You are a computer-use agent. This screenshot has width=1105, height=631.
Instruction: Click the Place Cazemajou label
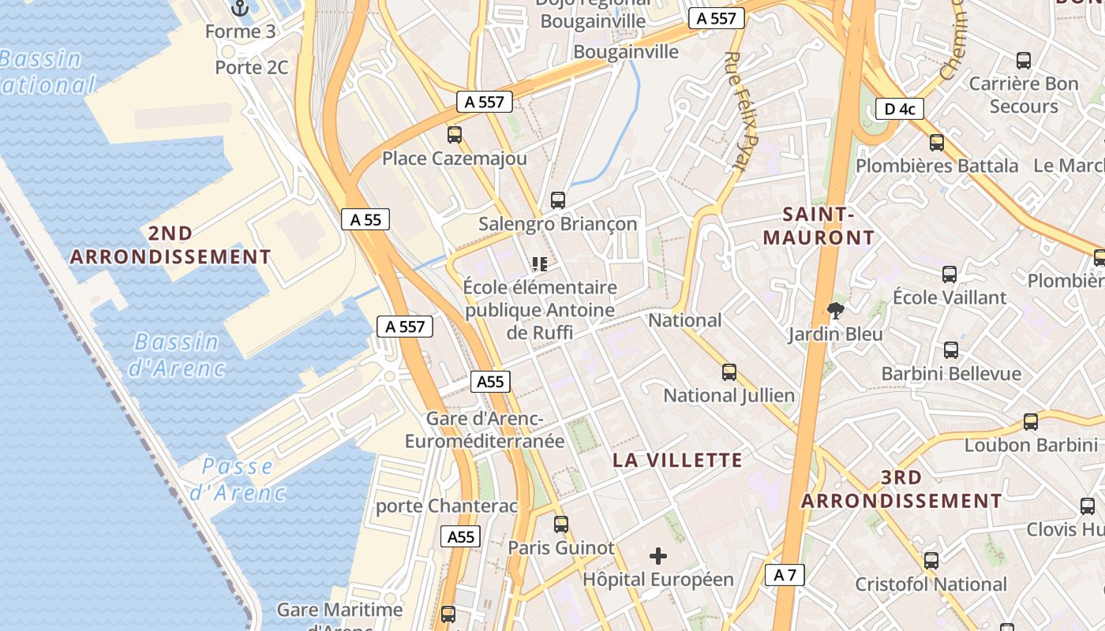point(454,159)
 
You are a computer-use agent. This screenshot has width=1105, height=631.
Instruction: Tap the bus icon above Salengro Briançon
point(558,200)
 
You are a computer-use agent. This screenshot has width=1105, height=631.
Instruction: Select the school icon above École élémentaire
point(540,263)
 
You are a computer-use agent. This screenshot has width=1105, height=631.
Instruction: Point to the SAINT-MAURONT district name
point(818,226)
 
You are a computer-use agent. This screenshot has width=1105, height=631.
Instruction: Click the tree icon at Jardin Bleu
point(834,311)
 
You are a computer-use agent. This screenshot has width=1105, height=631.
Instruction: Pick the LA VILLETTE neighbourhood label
point(678,460)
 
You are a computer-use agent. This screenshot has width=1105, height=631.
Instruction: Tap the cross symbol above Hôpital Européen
point(657,556)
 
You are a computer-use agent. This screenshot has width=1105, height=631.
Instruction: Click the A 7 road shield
point(785,575)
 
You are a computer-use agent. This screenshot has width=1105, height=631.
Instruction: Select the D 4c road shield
point(899,109)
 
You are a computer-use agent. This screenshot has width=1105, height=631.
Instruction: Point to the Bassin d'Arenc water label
point(177,354)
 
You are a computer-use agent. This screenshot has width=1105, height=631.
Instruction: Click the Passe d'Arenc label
point(237,479)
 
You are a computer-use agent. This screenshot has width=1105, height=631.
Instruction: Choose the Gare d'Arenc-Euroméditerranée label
point(485,430)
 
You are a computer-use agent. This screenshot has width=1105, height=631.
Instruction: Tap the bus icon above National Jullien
point(729,372)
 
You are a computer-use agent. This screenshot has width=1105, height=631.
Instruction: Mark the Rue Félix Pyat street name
point(741,110)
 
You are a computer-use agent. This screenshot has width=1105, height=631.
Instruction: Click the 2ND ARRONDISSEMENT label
point(170,245)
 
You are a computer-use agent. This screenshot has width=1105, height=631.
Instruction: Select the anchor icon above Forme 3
point(240,9)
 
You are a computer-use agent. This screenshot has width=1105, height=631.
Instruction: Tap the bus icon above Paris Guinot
point(560,524)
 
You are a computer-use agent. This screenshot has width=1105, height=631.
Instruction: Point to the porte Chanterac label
point(447,506)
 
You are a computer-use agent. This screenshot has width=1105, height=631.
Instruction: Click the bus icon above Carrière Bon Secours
point(1023,60)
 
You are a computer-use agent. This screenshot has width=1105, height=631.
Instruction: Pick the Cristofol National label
point(931,584)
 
